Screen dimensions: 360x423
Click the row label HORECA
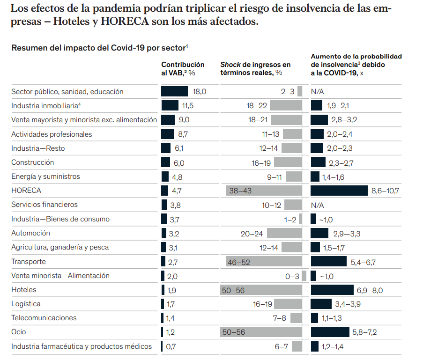(x=26, y=191)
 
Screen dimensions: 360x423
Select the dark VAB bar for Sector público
(x=174, y=92)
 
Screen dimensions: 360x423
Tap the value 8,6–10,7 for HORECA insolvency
(x=386, y=191)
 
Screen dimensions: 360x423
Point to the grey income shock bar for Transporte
(x=263, y=262)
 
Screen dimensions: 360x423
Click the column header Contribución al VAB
(x=183, y=68)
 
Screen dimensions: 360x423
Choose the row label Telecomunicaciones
(x=44, y=318)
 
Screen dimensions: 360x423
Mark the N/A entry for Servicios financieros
(x=318, y=205)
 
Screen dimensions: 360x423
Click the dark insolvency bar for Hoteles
(x=332, y=290)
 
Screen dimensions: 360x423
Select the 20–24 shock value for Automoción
(x=252, y=233)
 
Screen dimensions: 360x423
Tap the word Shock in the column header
(x=230, y=65)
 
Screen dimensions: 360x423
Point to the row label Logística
(x=26, y=304)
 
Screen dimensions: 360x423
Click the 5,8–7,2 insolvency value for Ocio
(x=364, y=332)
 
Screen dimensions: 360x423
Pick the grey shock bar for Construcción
(x=288, y=162)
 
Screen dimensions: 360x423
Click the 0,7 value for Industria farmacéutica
(x=171, y=347)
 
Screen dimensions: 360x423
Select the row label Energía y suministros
(x=45, y=176)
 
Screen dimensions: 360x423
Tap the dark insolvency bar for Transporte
(x=328, y=262)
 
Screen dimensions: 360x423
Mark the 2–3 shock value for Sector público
(x=288, y=92)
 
